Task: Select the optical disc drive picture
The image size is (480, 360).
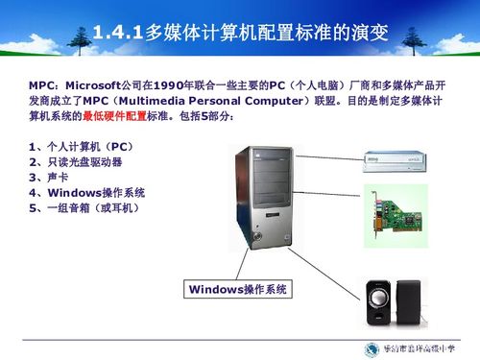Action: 400,159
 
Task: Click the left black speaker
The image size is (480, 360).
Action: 380,303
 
